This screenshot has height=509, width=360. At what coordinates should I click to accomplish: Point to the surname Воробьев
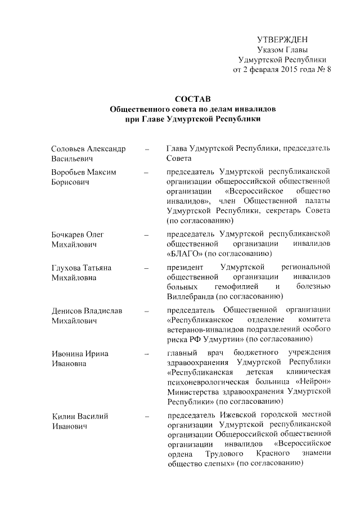point(69,172)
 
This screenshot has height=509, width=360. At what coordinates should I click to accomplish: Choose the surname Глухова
point(66,268)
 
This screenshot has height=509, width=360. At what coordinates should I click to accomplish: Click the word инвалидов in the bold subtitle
point(243,109)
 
